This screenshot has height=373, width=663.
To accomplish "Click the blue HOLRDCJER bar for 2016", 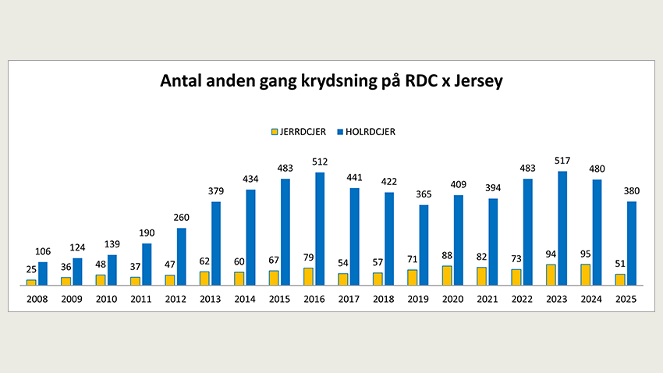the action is click(320, 229).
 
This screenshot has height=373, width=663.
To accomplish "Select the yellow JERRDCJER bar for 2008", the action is click(31, 282).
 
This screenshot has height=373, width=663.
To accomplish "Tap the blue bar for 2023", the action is click(562, 229).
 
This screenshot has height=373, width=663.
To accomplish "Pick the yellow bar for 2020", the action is click(447, 275).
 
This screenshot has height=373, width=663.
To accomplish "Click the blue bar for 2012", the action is click(182, 257).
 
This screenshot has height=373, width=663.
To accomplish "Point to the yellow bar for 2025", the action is click(620, 280).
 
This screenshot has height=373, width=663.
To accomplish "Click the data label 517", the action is click(562, 161).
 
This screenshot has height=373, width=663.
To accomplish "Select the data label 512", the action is click(320, 162).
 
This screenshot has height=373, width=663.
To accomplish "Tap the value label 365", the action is click(424, 194).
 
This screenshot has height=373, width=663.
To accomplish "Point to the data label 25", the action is click(31, 269).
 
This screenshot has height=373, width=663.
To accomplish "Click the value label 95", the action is click(585, 254).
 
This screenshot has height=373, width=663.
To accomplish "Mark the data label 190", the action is click(147, 233).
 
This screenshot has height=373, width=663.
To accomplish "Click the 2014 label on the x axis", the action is click(245, 299).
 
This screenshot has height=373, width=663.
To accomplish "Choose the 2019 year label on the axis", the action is click(418, 299).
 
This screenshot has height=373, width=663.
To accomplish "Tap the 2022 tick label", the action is click(522, 299).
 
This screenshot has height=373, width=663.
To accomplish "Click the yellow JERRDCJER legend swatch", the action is click(275, 132).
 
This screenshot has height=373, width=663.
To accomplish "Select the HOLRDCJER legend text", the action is click(370, 132).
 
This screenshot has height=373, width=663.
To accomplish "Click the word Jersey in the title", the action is click(479, 81).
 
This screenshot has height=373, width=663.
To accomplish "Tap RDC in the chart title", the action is click(421, 80).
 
